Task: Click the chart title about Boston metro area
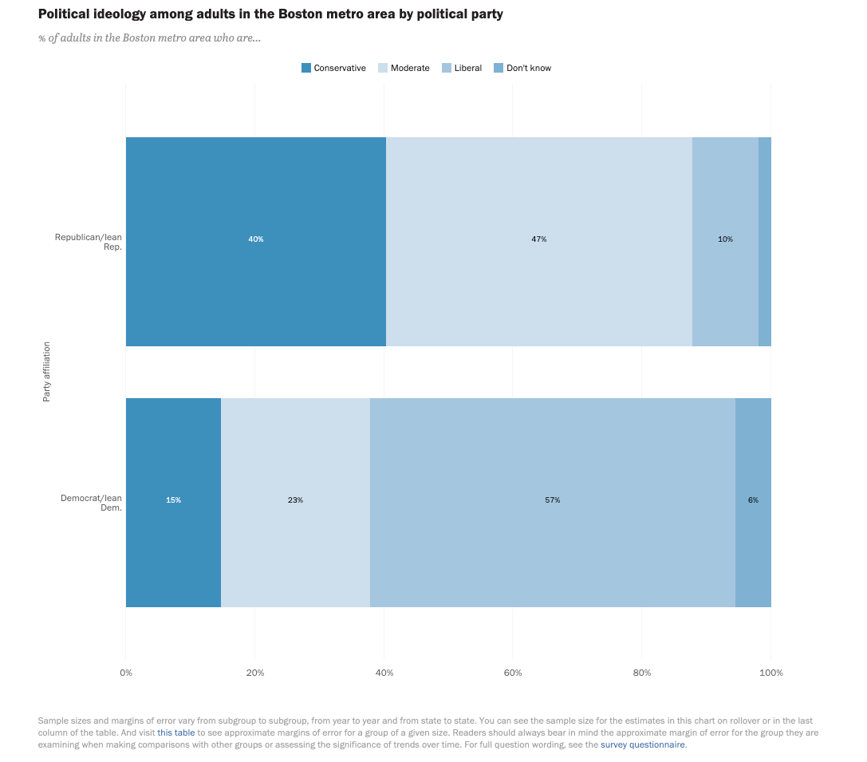pos(270,14)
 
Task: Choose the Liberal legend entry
pos(462,68)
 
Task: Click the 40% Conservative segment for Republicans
pos(255,239)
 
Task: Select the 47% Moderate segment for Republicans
pos(539,239)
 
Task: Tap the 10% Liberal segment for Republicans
pos(725,239)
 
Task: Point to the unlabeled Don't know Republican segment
pos(765,239)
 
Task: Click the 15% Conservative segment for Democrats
pos(173,500)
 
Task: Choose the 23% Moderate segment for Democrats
pos(295,500)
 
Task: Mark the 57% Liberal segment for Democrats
pos(552,500)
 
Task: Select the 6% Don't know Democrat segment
pos(753,500)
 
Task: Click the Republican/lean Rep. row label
pos(89,242)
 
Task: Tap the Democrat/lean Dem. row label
pos(92,503)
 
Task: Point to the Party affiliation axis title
pos(47,371)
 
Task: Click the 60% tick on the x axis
pos(513,673)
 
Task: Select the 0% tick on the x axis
pos(126,673)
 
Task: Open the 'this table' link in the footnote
pos(175,732)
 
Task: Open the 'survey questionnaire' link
pos(642,744)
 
